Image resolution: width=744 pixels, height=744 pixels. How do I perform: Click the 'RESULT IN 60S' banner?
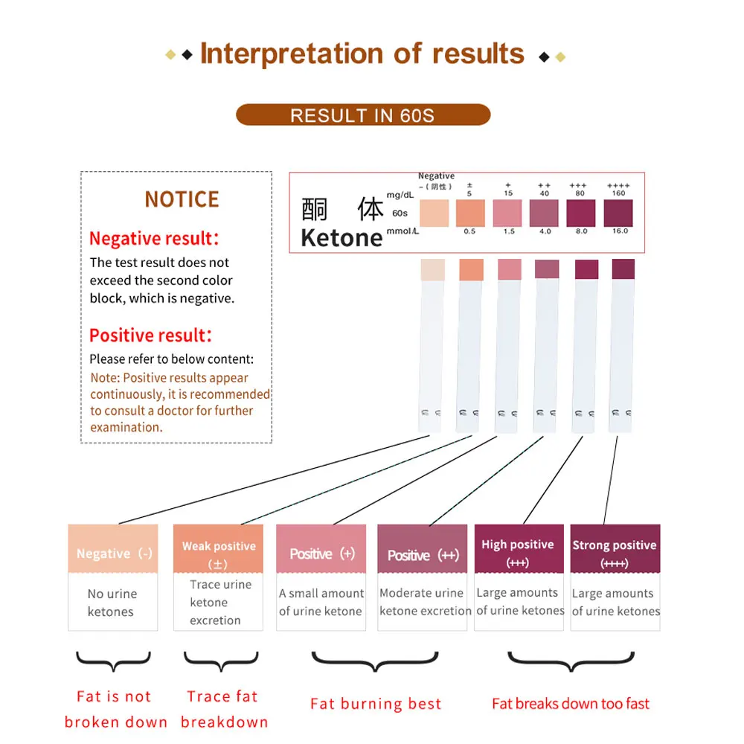point(363,115)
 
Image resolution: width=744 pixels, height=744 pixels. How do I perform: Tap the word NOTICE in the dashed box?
point(182,199)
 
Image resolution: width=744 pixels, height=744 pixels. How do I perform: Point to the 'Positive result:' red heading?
point(150,335)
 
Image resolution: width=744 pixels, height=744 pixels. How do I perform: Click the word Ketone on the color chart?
point(341,237)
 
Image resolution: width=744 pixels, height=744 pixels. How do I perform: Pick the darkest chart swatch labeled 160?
point(618,213)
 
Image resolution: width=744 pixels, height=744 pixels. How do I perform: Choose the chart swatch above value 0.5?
point(470,213)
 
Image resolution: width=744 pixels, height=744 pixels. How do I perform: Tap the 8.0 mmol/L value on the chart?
point(581,231)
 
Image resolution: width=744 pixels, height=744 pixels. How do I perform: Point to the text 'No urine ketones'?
point(112,603)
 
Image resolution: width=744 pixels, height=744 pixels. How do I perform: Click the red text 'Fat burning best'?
point(376,704)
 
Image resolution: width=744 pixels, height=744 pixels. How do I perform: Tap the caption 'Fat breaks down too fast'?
point(571,704)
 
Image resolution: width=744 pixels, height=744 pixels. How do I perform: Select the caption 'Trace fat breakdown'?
point(223,709)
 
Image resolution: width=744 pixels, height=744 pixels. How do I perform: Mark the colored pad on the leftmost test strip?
point(432,269)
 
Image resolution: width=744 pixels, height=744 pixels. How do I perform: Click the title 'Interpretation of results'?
point(362,54)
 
